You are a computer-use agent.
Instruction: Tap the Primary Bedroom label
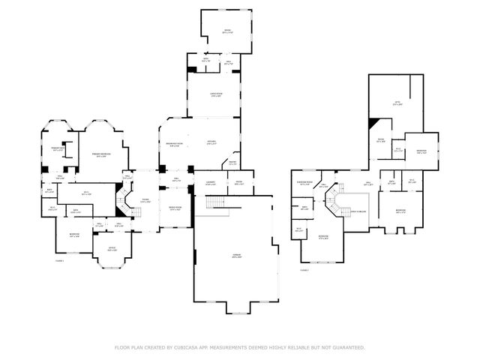102,154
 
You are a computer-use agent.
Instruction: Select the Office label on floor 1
112,250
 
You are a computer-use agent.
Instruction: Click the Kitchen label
212,142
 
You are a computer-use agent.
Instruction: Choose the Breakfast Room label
173,145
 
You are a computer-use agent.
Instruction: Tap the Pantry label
233,163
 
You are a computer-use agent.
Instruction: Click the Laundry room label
211,183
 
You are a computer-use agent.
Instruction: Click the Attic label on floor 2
397,103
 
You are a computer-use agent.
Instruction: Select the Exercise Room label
304,183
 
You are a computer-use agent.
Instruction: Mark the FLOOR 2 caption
304,268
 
